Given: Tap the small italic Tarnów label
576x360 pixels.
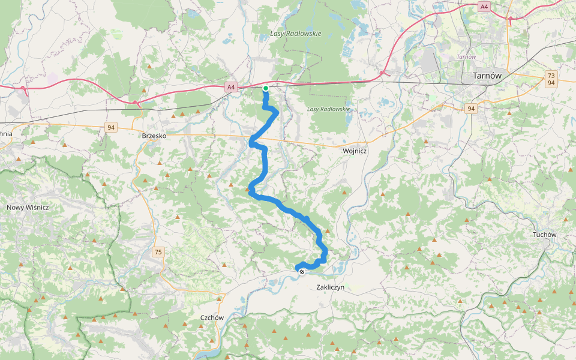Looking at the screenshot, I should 466,57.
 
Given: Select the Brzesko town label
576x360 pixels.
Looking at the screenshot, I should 154,136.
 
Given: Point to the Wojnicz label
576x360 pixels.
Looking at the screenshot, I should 354,151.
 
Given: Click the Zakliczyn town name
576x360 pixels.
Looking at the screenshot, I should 329,287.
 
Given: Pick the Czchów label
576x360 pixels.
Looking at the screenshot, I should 212,317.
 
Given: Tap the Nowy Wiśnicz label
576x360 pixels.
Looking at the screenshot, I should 28,207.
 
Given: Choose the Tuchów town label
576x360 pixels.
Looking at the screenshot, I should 544,235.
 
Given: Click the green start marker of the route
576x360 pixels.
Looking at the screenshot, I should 265,88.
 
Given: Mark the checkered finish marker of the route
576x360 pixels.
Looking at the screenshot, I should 302,272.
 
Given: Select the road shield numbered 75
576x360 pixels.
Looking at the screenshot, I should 158,251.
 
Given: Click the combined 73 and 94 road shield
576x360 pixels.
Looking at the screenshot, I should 551,79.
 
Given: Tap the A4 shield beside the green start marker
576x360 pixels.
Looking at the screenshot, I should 231,87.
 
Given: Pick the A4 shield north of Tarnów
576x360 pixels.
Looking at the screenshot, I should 484,6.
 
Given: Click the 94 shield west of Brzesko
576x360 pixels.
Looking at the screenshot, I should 110,127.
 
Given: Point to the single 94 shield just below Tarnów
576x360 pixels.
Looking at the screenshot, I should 471,109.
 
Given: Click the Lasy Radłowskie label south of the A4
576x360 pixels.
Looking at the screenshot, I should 328,109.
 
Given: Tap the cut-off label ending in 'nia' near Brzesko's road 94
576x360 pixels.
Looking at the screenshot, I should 5,134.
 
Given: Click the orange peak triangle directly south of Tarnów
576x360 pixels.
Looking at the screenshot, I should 509,112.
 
